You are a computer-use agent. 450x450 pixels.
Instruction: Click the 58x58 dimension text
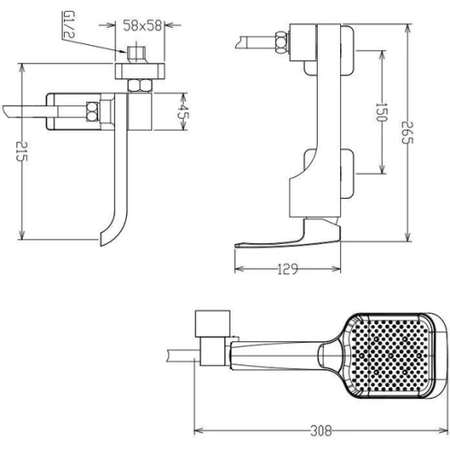click(x=142, y=25)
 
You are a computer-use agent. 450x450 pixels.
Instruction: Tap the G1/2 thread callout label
click(x=69, y=24)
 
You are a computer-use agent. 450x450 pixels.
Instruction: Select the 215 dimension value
click(x=22, y=151)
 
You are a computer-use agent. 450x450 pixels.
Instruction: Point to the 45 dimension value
click(x=181, y=112)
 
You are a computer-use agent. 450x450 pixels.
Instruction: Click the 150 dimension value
click(x=382, y=112)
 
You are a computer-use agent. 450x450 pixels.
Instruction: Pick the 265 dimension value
click(x=408, y=132)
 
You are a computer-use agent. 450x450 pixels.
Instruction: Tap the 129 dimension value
click(x=287, y=269)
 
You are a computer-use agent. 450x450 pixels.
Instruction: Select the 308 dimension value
click(x=321, y=431)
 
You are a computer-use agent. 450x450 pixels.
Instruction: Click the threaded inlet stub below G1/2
click(x=137, y=55)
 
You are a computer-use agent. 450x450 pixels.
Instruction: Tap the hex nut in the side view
click(x=282, y=41)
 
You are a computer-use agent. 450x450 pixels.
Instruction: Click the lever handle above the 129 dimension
click(x=288, y=237)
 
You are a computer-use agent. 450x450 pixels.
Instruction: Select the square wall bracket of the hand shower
click(x=212, y=323)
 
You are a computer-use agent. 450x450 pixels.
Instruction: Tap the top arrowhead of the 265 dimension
click(x=408, y=29)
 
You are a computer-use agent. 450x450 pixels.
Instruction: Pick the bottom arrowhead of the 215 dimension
click(x=21, y=235)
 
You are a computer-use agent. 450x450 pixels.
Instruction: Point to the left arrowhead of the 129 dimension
click(x=239, y=269)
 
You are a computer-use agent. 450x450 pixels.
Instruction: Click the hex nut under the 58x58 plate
click(x=139, y=85)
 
